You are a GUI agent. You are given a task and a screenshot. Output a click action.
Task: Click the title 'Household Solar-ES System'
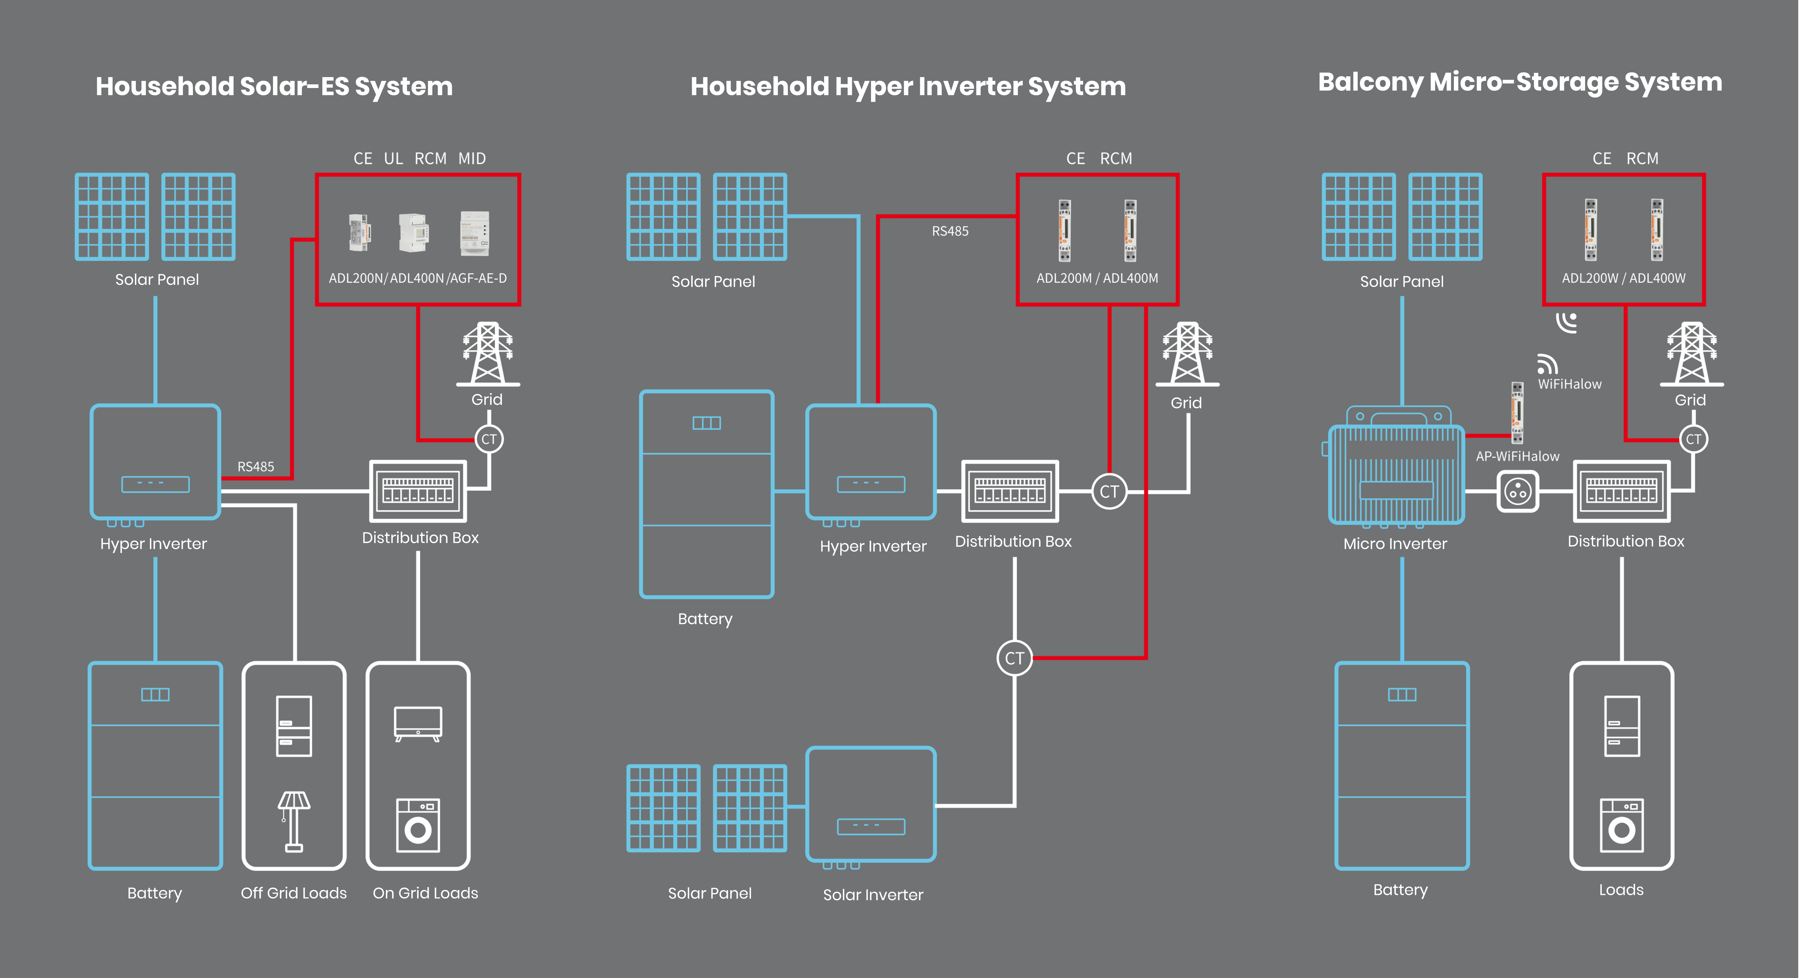pyautogui.click(x=274, y=87)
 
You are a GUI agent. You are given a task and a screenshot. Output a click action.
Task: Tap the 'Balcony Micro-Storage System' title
pyautogui.click(x=1519, y=82)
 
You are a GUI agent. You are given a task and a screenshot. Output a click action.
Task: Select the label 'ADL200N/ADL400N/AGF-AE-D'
pyautogui.click(x=417, y=278)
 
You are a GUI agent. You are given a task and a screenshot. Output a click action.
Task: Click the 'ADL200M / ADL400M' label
pyautogui.click(x=1096, y=278)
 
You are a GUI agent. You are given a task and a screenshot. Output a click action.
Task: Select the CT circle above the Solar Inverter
pyautogui.click(x=1014, y=658)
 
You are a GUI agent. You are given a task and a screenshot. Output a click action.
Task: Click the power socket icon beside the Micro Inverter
pyautogui.click(x=1517, y=491)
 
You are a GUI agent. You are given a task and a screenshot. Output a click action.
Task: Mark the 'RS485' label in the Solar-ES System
pyautogui.click(x=255, y=467)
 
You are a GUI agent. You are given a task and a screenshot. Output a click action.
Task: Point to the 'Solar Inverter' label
pyautogui.click(x=873, y=895)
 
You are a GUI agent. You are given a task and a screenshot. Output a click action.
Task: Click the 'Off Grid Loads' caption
pyautogui.click(x=294, y=893)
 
